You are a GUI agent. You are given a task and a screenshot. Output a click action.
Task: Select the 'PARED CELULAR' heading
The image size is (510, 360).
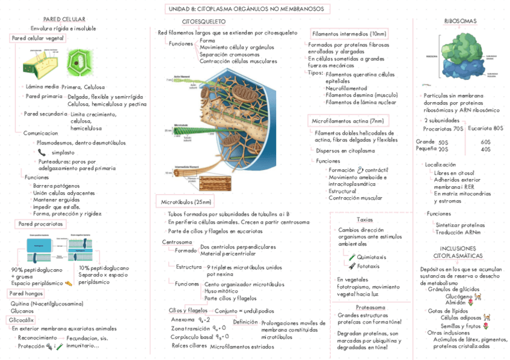click(x=68, y=20)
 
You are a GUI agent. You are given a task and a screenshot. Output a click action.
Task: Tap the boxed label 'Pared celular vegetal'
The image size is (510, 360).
click(x=38, y=38)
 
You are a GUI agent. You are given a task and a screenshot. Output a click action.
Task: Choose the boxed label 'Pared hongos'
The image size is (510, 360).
click(x=26, y=293)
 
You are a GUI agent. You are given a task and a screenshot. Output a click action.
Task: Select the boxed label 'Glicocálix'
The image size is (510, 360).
click(x=21, y=320)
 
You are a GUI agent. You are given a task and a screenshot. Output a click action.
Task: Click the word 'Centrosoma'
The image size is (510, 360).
click(x=177, y=242)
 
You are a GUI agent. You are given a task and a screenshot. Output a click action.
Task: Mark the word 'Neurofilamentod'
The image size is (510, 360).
click(x=346, y=88)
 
